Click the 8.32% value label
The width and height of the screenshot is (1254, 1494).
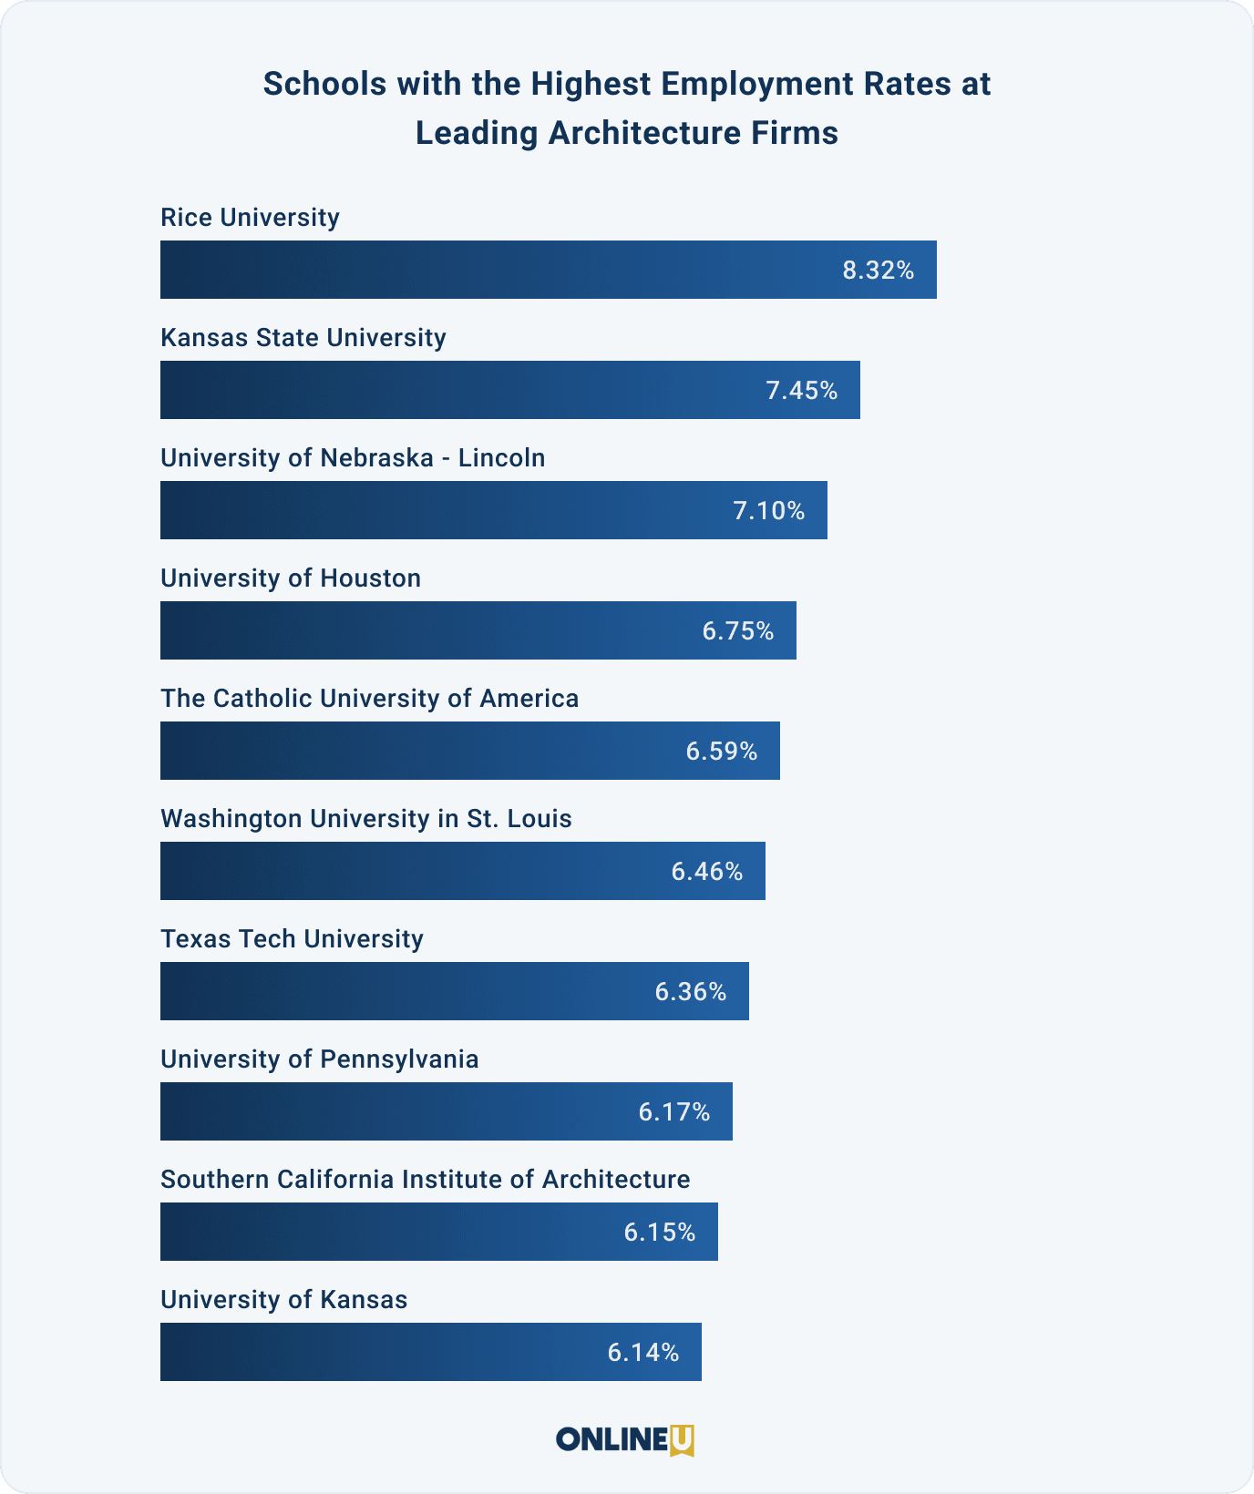(x=878, y=271)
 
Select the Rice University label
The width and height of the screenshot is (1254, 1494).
(x=250, y=218)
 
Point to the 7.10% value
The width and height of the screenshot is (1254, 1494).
(x=769, y=510)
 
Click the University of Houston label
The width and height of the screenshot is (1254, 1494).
(x=291, y=578)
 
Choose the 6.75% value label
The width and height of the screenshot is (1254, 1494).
(x=737, y=630)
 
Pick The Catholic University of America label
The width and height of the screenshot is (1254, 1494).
(x=369, y=699)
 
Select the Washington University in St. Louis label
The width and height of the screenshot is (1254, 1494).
(x=365, y=819)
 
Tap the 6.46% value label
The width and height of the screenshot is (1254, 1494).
(x=707, y=872)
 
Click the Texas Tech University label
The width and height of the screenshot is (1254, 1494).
(x=292, y=939)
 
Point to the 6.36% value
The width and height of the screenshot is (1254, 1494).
(x=690, y=991)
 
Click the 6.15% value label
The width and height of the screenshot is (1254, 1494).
(x=660, y=1233)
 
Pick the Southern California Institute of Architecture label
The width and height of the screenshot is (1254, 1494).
(x=425, y=1180)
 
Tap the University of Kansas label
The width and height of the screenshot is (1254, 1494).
(x=283, y=1300)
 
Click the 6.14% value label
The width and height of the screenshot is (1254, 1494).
(x=643, y=1353)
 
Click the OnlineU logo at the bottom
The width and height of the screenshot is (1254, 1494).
(x=626, y=1439)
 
